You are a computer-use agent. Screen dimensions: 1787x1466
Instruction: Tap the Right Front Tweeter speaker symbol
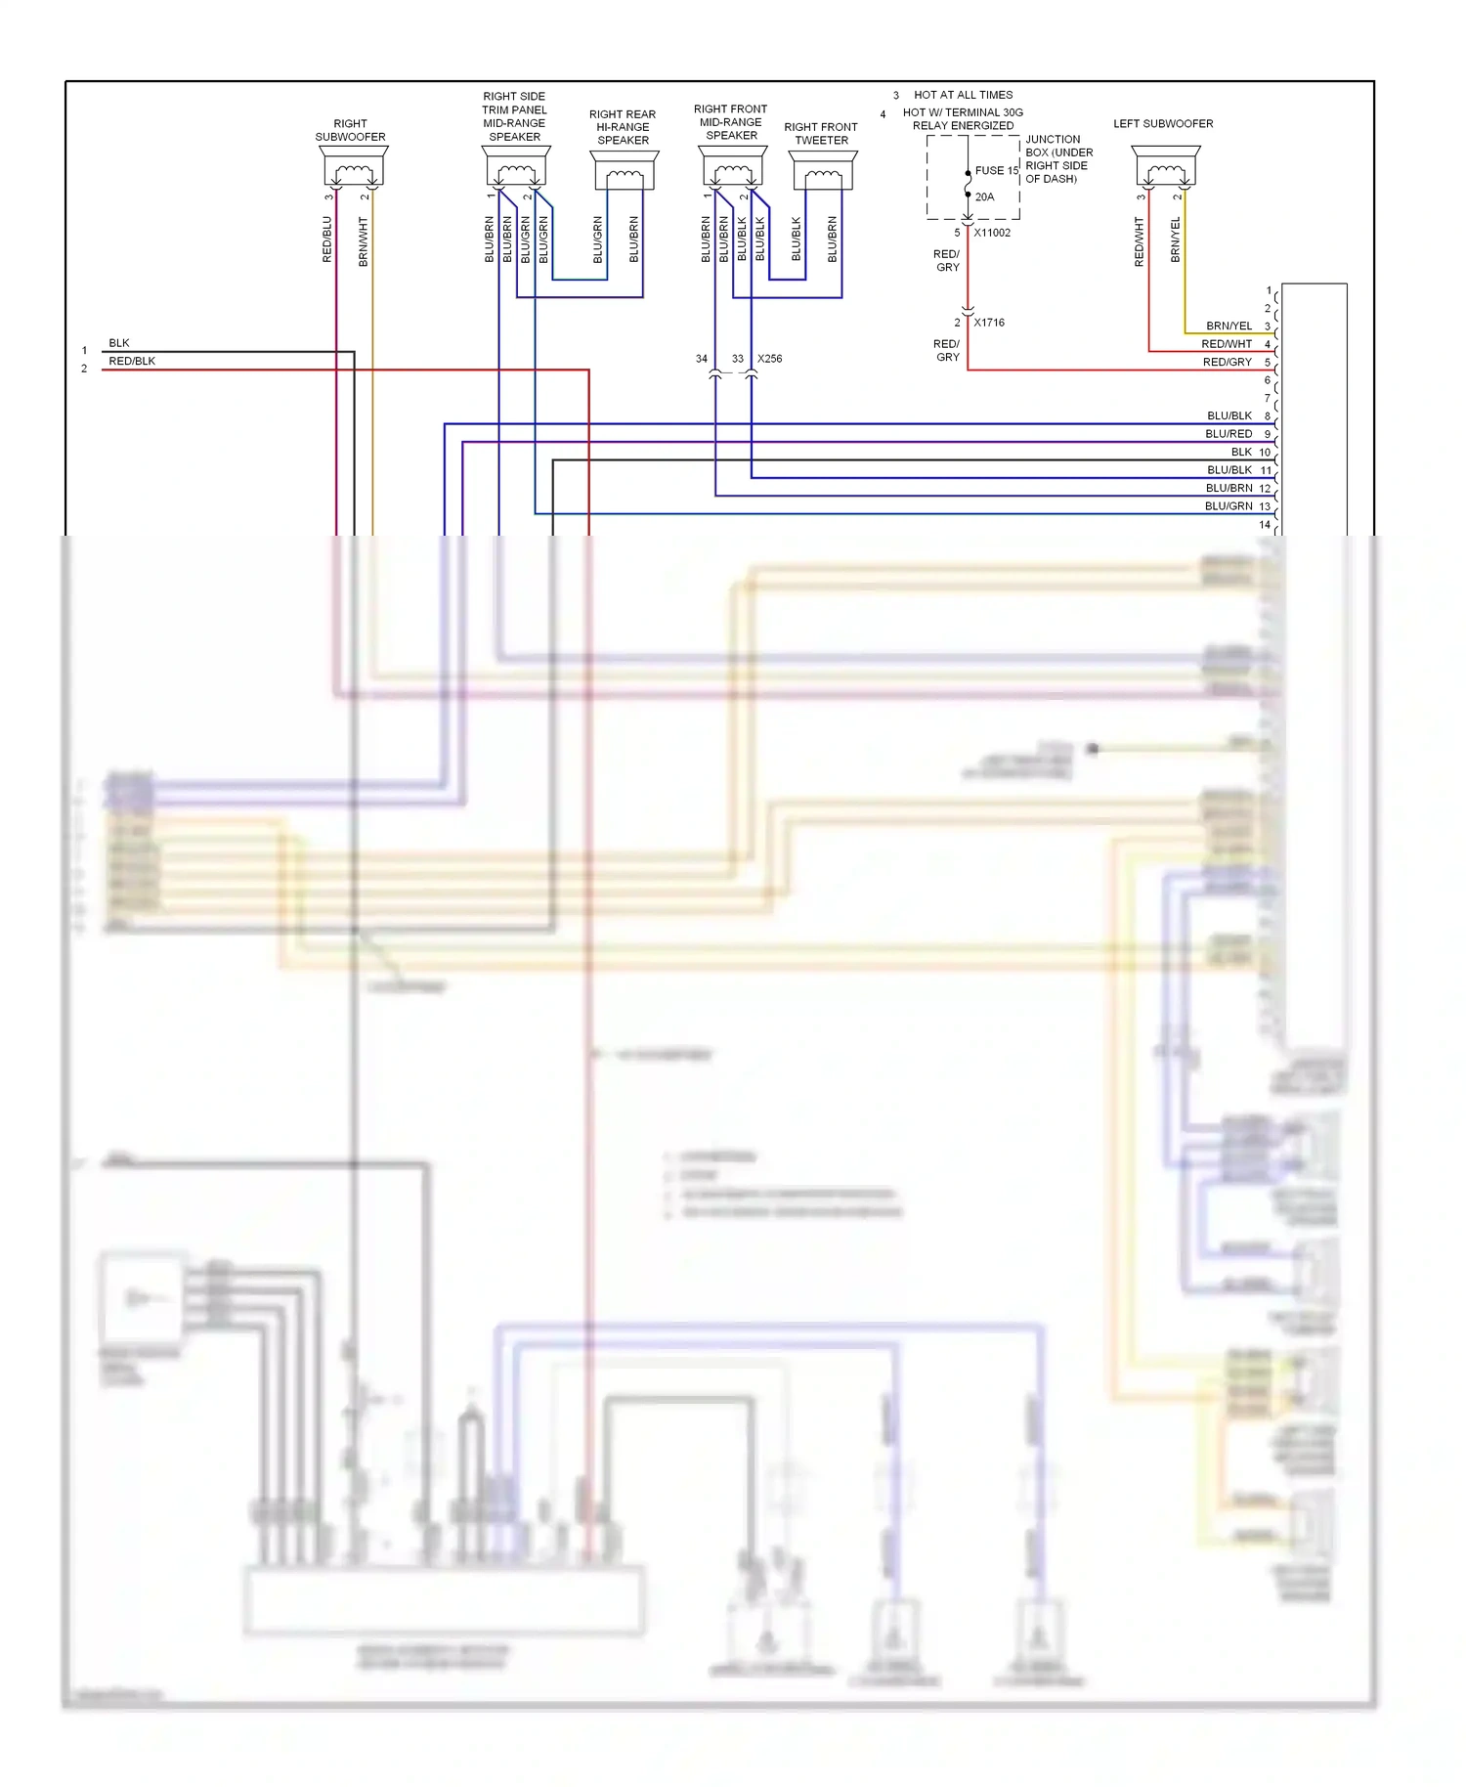[823, 170]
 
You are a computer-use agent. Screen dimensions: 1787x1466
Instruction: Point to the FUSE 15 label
[996, 171]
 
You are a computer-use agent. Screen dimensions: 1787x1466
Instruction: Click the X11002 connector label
[991, 233]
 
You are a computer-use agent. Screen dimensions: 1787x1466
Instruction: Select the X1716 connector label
[988, 323]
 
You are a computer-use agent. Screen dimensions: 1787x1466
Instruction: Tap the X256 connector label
[769, 359]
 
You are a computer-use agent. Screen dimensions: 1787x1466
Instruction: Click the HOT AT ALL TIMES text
[963, 95]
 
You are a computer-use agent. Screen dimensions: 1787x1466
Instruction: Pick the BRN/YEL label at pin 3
[1229, 327]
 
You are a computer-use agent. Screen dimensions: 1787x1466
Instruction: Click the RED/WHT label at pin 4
[1226, 344]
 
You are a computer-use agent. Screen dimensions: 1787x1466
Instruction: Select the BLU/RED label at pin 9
[1229, 434]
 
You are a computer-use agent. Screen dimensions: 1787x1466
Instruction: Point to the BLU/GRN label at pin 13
[1229, 506]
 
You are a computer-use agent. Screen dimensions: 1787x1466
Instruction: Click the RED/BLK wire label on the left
[132, 362]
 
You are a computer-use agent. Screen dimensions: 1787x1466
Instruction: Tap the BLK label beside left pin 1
[119, 343]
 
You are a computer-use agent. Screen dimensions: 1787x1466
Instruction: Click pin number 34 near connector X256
[701, 359]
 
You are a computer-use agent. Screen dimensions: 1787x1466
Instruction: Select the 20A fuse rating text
[984, 197]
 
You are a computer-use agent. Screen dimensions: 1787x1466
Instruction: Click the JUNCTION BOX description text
[1058, 159]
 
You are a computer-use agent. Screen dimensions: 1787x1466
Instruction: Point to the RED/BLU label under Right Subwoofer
[327, 240]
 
